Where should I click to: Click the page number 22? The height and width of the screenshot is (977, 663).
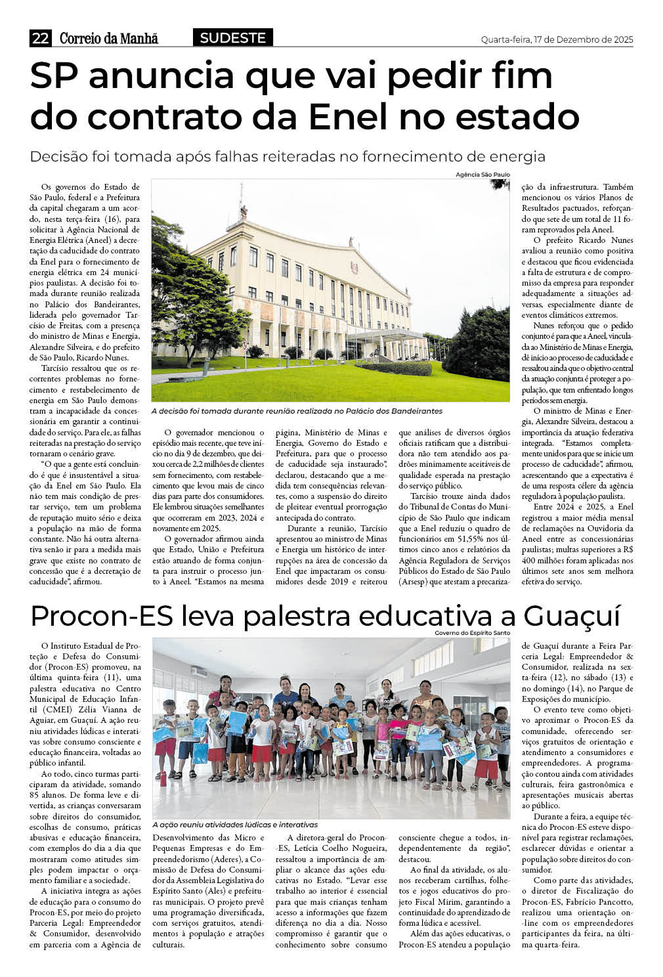pos(40,39)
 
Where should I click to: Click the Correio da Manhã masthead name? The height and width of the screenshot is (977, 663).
pos(109,39)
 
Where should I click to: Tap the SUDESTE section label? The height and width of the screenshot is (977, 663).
pos(232,38)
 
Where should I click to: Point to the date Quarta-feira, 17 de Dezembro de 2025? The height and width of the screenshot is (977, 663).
pos(557,40)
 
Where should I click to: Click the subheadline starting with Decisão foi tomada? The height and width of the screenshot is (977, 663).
pos(288,157)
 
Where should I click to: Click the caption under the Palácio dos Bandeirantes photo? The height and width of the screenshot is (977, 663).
pos(297,411)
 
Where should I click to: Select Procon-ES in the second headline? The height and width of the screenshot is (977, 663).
pos(100,617)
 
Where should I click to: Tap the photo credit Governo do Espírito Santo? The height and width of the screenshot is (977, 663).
pos(472,633)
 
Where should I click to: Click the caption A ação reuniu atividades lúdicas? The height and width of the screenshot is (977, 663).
pos(234,825)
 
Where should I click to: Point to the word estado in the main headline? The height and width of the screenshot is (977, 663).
pos(521,116)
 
